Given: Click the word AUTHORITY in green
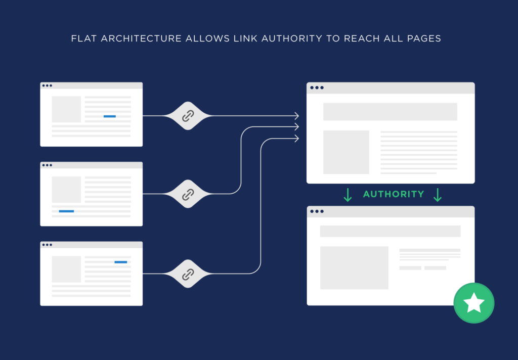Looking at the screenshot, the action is (394, 194).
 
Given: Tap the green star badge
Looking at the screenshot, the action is (473, 303).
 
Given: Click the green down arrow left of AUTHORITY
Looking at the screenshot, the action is (348, 195).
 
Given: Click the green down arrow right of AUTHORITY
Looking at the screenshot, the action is (438, 195).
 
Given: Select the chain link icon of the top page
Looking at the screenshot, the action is (188, 116).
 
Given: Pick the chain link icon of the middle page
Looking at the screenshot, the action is (188, 194).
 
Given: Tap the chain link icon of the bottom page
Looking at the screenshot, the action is (188, 274).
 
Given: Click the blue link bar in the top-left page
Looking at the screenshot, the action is (110, 116).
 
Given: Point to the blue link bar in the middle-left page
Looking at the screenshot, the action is (66, 211).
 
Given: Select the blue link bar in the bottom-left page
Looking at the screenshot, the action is (120, 262).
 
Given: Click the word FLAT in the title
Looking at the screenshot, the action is (84, 38).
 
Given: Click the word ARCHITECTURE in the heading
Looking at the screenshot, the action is (141, 38).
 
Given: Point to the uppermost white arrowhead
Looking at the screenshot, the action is (297, 116).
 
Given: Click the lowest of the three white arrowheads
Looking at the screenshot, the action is (297, 139).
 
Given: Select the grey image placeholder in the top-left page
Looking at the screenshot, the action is (66, 109).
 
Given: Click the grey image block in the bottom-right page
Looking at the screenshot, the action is (354, 268).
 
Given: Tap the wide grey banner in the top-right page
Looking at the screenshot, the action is (390, 112).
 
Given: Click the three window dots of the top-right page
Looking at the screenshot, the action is (317, 88).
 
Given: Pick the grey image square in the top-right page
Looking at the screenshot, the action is (346, 152).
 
